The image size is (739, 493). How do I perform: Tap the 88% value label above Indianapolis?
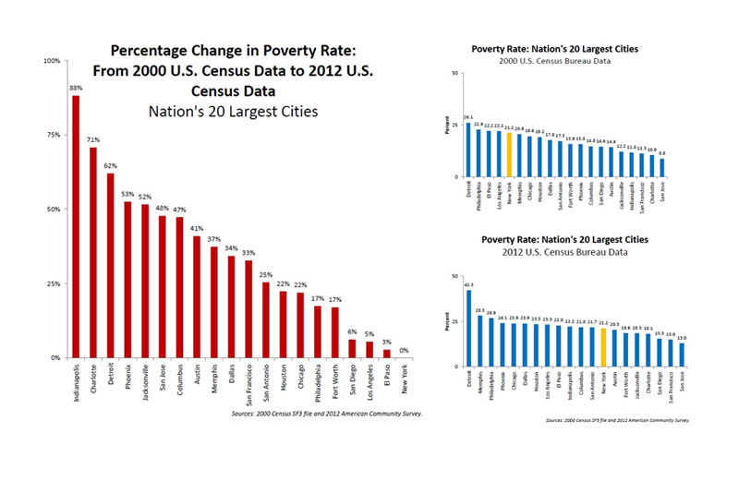[75, 89]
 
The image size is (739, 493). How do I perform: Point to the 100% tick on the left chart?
[53, 61]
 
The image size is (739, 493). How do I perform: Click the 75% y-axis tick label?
[55, 135]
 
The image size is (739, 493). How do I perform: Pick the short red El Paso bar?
[387, 353]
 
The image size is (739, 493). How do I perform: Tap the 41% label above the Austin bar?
[197, 228]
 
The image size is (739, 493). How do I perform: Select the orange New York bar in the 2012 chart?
[603, 347]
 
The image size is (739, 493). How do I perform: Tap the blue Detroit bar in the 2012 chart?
[468, 328]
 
